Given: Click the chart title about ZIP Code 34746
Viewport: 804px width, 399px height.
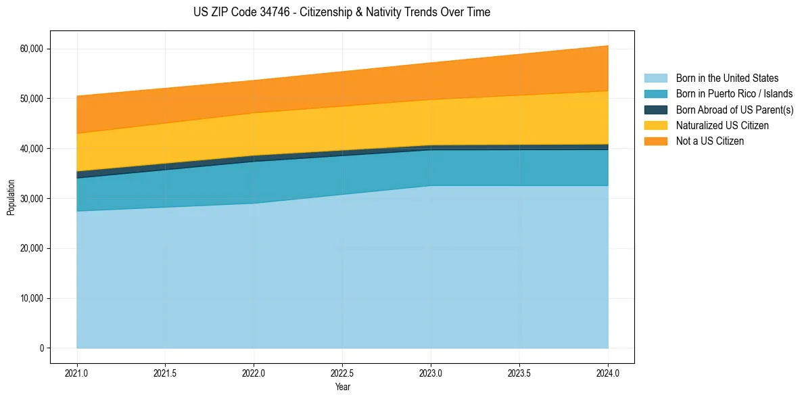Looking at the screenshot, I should click(341, 12).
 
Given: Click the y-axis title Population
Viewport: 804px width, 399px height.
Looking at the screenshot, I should click(11, 197).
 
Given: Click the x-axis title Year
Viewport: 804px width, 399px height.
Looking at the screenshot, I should click(342, 387).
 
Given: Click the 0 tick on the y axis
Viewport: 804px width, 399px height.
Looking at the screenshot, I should click(41, 348).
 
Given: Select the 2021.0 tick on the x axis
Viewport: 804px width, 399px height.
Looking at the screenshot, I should click(77, 373).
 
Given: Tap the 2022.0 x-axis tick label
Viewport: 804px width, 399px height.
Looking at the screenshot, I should click(254, 373).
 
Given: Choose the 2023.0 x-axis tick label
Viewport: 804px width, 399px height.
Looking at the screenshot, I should click(431, 373).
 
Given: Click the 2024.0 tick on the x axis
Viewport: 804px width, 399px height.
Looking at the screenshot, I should click(608, 373).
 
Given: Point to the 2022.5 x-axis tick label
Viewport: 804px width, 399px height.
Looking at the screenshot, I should click(342, 373).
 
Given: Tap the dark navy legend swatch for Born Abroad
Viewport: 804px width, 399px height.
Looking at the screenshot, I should click(655, 110).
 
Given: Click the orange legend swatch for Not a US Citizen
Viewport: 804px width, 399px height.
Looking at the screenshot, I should click(655, 141).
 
